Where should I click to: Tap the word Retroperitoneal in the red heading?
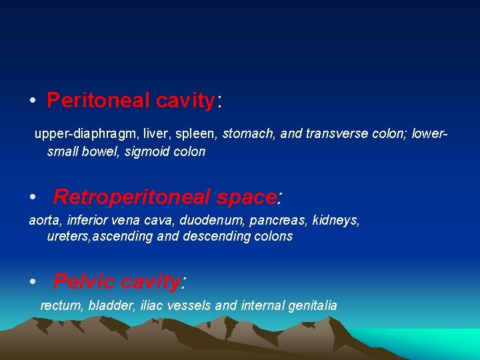tap(132, 197)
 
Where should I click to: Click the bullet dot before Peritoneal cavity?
tap(32, 101)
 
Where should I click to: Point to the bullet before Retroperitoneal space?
tap(32, 197)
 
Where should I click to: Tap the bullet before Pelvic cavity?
tap(32, 283)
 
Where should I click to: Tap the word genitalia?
tap(313, 306)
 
